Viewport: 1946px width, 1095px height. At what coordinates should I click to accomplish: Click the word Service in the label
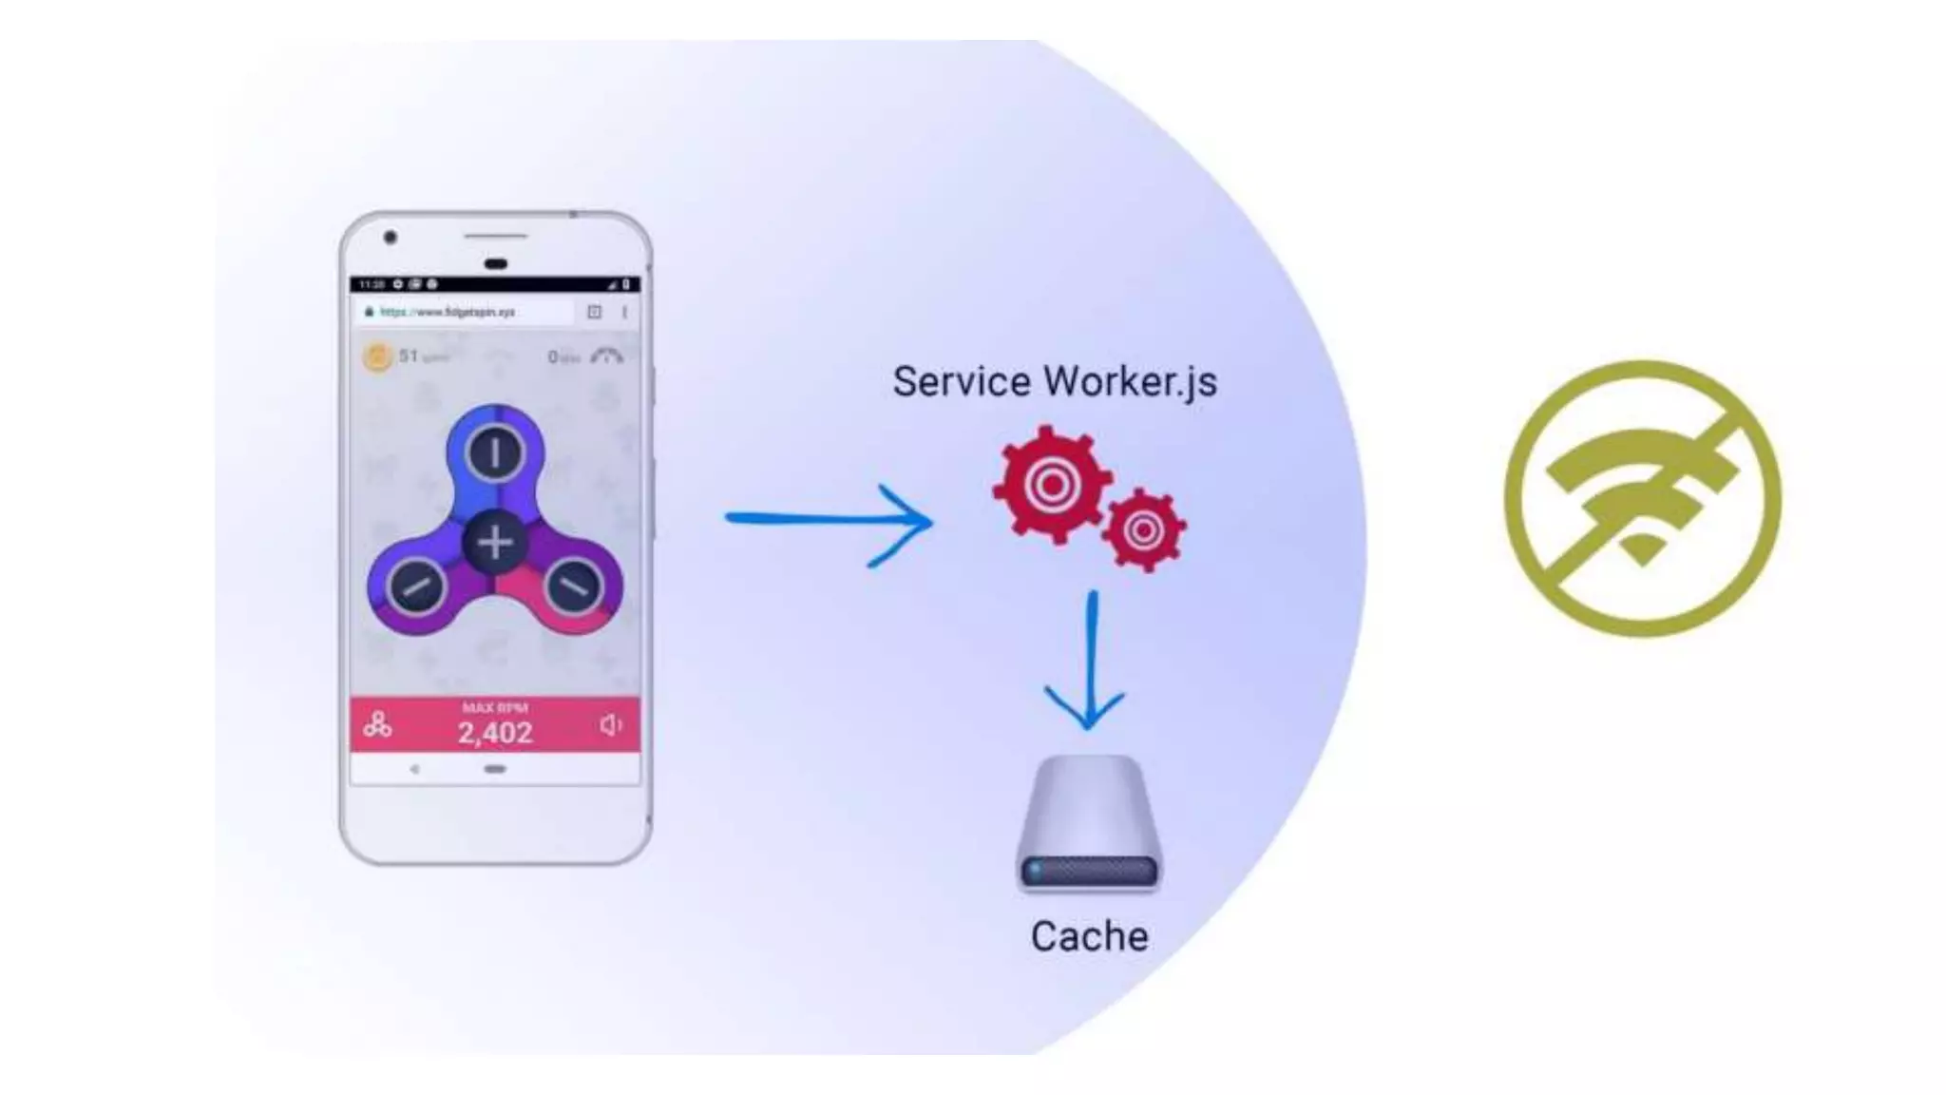tap(961, 382)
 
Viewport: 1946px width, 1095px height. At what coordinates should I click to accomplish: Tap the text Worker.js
tap(1130, 382)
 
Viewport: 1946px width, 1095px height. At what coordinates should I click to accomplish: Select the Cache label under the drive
tap(1089, 936)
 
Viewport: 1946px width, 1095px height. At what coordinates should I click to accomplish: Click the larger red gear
tap(1052, 485)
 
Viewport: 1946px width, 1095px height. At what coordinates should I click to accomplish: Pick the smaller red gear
tap(1144, 529)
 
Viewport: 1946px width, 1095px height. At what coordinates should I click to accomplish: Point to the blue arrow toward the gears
tap(827, 521)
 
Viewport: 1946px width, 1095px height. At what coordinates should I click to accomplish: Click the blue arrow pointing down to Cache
tap(1089, 665)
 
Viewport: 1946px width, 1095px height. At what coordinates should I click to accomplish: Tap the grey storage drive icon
tap(1089, 825)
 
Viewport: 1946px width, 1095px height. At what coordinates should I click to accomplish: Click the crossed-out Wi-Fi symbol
tap(1642, 498)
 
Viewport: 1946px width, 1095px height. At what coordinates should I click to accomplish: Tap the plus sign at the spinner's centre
tap(495, 543)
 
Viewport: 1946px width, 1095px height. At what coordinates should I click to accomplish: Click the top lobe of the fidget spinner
tap(495, 452)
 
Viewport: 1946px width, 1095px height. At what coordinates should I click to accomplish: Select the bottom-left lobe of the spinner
tap(416, 586)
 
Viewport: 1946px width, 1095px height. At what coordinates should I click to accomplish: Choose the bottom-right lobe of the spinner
tap(573, 586)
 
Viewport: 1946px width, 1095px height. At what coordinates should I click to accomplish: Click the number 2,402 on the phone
tap(495, 733)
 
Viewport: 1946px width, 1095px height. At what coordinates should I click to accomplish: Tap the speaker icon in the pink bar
tap(611, 726)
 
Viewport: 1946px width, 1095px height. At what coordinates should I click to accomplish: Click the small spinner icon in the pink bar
tap(377, 726)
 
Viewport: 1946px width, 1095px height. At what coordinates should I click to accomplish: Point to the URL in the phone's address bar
tap(447, 312)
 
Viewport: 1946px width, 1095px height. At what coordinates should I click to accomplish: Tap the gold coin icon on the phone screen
tap(377, 357)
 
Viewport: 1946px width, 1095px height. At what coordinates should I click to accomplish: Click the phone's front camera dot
tap(390, 237)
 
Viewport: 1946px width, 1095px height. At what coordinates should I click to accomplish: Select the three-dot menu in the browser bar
tap(624, 312)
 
